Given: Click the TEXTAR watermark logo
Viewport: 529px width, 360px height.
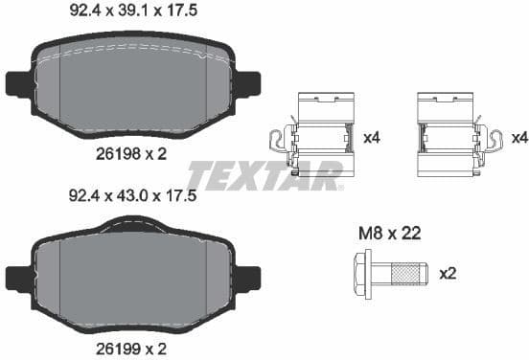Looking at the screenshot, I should point(264,176).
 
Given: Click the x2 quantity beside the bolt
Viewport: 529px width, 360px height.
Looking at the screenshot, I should point(447,272).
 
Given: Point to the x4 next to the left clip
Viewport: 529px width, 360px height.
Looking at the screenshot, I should point(372,138).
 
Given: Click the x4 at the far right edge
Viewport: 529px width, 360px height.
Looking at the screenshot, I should point(519,138).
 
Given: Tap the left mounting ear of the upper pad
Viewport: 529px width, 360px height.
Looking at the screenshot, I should point(17,84).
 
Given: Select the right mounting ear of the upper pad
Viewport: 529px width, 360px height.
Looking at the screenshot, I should point(248,84).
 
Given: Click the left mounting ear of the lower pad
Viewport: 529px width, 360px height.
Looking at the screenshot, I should point(17,279).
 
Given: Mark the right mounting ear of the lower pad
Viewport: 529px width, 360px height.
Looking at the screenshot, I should point(248,279).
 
